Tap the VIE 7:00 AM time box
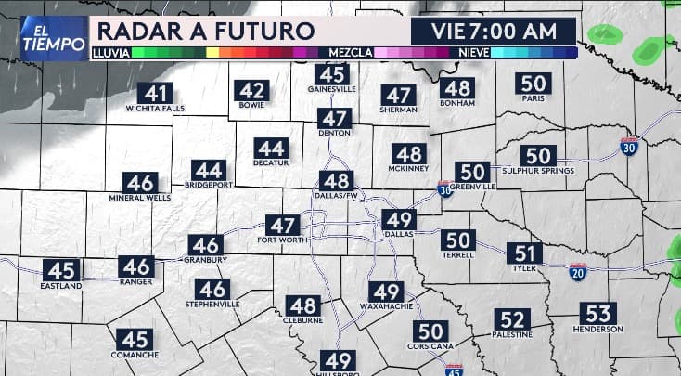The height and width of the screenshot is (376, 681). pyautogui.click(x=494, y=30)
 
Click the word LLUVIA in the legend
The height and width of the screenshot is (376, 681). pyautogui.click(x=110, y=53)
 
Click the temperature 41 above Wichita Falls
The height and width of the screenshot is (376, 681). pyautogui.click(x=156, y=94)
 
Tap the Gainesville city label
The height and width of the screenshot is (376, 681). pyautogui.click(x=331, y=90)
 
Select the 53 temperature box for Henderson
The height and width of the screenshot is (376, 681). pyautogui.click(x=598, y=314)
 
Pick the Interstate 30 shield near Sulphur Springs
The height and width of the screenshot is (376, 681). pyautogui.click(x=628, y=147)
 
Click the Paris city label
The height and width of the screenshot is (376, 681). pyautogui.click(x=533, y=97)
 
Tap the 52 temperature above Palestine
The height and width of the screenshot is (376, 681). pyautogui.click(x=511, y=319)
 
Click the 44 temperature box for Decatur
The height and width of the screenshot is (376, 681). pyautogui.click(x=271, y=149)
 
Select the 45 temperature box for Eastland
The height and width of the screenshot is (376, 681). pyautogui.click(x=61, y=271)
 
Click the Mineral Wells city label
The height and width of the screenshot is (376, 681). pyautogui.click(x=140, y=198)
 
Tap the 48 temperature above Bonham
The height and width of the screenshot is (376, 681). pyautogui.click(x=456, y=89)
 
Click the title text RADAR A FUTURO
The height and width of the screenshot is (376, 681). pyautogui.click(x=204, y=30)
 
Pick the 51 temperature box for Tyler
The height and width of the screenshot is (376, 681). pyautogui.click(x=525, y=253)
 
